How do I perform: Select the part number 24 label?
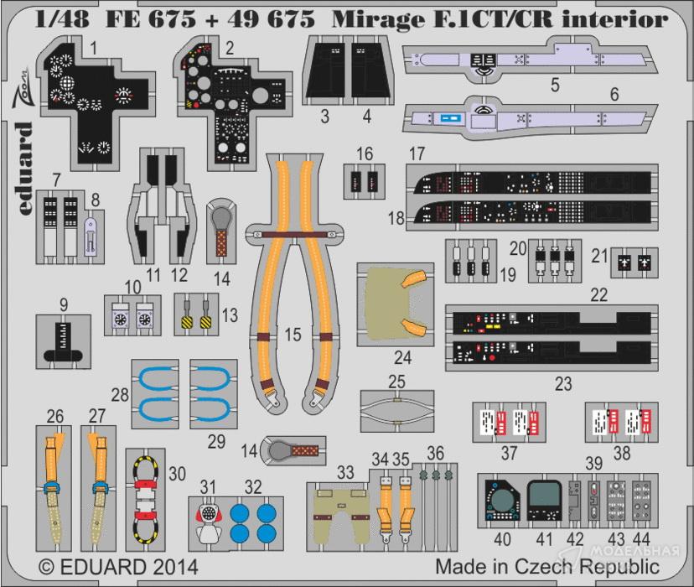point(403,358)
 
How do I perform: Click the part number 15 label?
point(292,334)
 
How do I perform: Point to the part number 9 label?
point(64,304)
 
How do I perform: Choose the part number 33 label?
point(345,473)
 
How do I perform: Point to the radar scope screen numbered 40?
point(503,501)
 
